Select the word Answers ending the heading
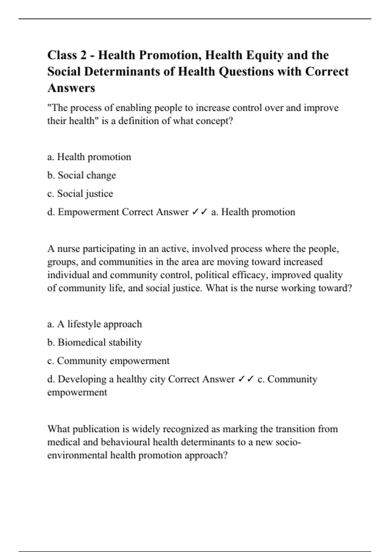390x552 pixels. [x=71, y=88]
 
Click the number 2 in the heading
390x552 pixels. [x=84, y=55]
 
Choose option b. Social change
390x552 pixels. [x=82, y=175]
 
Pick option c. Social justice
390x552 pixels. [x=80, y=194]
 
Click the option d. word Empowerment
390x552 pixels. [x=88, y=212]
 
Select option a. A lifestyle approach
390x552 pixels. [x=94, y=324]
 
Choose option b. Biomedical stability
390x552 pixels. [x=95, y=343]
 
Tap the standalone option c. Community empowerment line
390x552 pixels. [x=108, y=361]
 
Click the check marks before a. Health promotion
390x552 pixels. [x=200, y=212]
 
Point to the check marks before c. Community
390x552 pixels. [x=246, y=379]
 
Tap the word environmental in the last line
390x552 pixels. [x=77, y=455]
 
